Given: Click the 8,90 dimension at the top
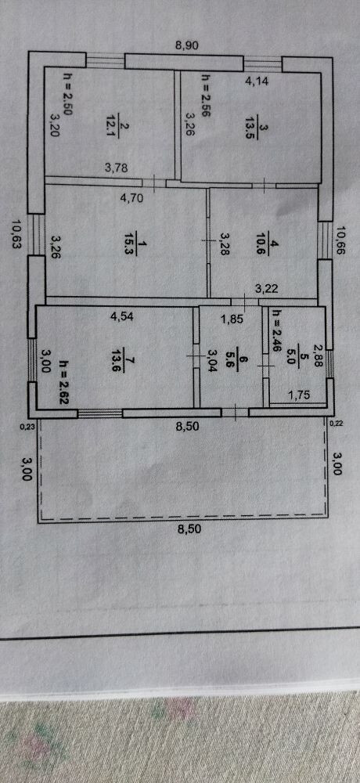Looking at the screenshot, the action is (187, 45).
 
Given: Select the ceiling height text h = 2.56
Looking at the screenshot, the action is (205, 96).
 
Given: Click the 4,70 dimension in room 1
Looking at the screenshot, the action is (131, 198).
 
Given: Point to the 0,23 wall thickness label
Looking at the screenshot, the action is (25, 426).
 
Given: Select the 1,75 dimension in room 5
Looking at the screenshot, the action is (300, 395).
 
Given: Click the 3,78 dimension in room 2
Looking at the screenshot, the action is (117, 168).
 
